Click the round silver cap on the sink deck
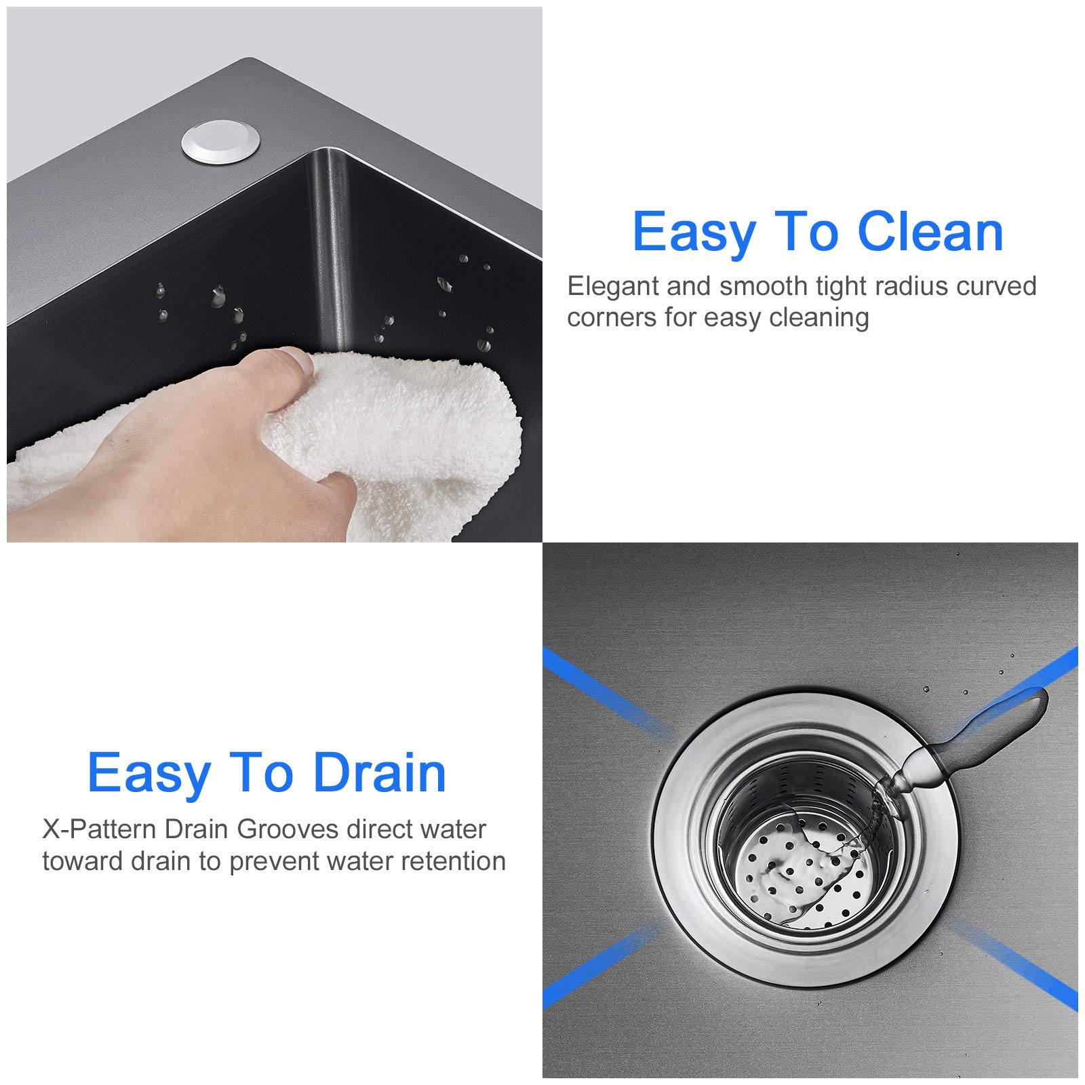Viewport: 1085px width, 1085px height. click(220, 142)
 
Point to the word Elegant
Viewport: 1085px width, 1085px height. click(613, 287)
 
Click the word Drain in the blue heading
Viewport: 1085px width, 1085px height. click(379, 773)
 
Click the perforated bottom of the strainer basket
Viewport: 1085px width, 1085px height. click(804, 882)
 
